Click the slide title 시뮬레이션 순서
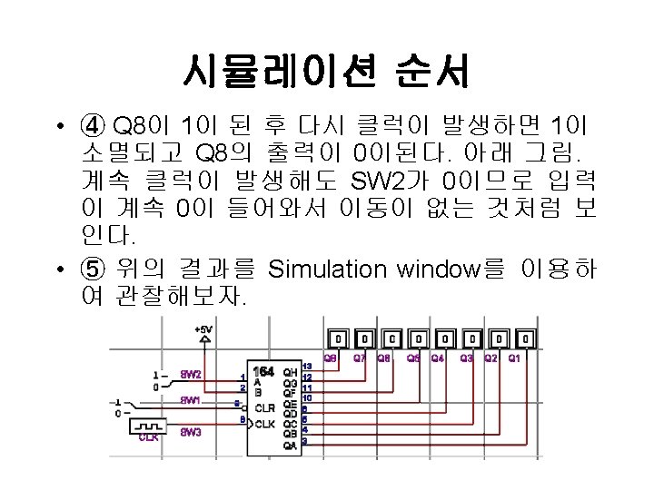pyautogui.click(x=326, y=69)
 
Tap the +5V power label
pyautogui.click(x=203, y=328)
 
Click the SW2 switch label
pyautogui.click(x=190, y=374)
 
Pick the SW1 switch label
pyautogui.click(x=190, y=400)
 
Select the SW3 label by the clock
pyautogui.click(x=190, y=431)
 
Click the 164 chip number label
pyautogui.click(x=263, y=372)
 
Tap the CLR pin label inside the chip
pyautogui.click(x=266, y=407)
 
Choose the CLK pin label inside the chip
pyautogui.click(x=266, y=423)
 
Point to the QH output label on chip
pyautogui.click(x=290, y=372)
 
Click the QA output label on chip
pyautogui.click(x=290, y=445)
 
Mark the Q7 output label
pyautogui.click(x=360, y=358)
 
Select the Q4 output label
pyautogui.click(x=439, y=358)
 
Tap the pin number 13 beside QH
pyautogui.click(x=307, y=366)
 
